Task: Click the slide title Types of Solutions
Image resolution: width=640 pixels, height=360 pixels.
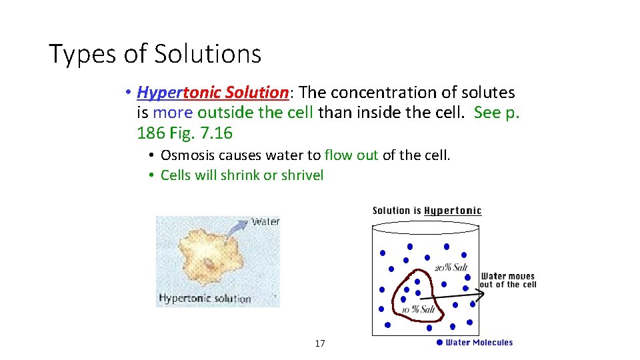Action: tap(155, 53)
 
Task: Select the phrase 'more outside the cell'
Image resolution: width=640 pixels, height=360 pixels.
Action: tap(233, 113)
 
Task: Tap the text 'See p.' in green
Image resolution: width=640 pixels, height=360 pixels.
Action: tap(496, 113)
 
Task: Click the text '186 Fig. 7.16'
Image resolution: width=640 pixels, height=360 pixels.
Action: tap(185, 133)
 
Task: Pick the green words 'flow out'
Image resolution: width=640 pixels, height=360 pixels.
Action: tap(351, 155)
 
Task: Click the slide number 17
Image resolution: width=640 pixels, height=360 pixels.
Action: tap(320, 343)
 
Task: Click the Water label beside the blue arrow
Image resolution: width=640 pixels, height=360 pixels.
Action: tap(265, 221)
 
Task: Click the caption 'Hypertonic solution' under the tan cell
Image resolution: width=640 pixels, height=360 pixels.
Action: tap(204, 298)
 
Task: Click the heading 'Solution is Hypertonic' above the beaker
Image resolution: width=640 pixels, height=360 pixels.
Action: tap(427, 211)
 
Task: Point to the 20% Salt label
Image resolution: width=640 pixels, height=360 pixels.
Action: tap(451, 267)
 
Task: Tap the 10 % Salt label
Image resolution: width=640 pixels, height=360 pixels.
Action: tap(418, 310)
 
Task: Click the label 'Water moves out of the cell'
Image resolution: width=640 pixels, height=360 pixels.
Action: tap(508, 281)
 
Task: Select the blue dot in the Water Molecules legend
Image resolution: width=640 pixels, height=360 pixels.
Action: tap(439, 342)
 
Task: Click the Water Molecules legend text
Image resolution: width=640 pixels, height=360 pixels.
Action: tap(479, 342)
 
